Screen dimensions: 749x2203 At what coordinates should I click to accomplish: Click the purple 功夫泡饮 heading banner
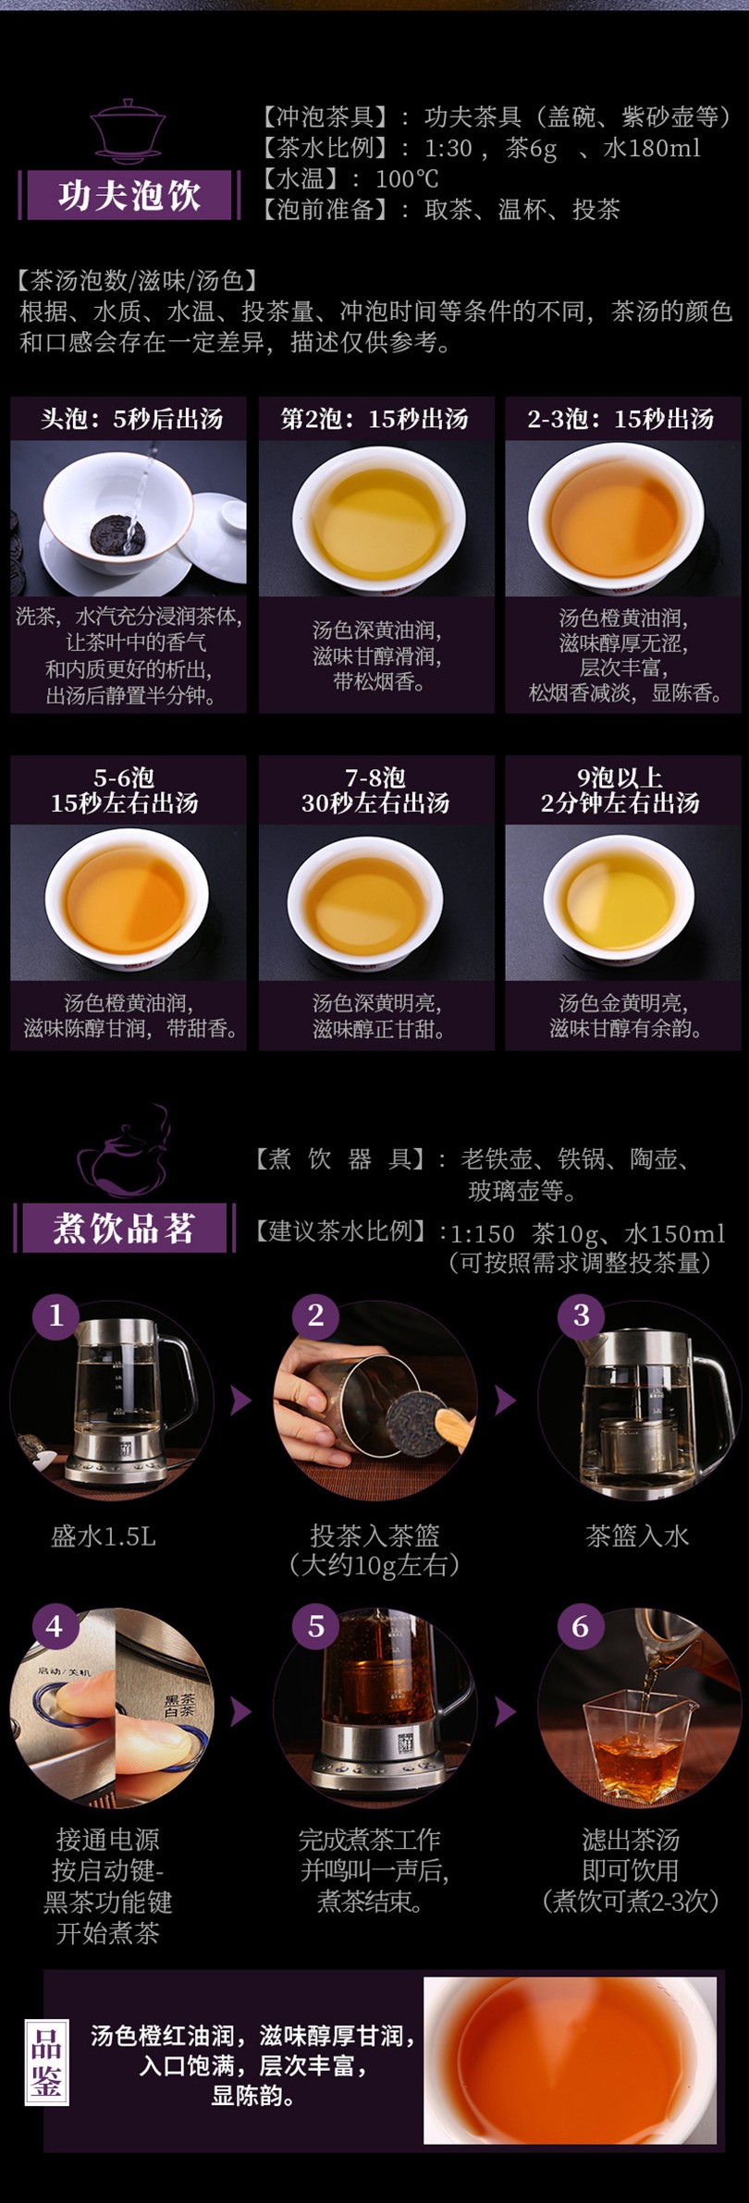[x=129, y=195]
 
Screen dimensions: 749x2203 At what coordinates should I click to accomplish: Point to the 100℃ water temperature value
[x=407, y=178]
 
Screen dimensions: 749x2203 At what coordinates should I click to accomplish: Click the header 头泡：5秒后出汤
[x=130, y=419]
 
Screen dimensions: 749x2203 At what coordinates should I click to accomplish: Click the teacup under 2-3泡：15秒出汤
[x=617, y=518]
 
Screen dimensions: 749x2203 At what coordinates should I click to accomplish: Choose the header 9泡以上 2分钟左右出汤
[x=620, y=790]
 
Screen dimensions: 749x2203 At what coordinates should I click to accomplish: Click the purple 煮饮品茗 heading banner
[x=124, y=1228]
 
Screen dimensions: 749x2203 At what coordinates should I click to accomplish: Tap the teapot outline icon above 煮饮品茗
[x=124, y=1152]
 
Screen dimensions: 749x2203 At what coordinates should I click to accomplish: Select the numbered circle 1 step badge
[x=55, y=1315]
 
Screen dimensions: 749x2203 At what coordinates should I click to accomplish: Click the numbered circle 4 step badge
[x=55, y=1626]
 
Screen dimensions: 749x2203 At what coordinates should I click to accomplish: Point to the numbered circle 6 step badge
[x=581, y=1626]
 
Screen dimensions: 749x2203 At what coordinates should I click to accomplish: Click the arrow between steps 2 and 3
[x=505, y=1401]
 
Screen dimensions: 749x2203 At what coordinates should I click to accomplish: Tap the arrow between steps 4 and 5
[x=240, y=1711]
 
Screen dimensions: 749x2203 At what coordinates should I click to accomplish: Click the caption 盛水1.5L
[x=104, y=1536]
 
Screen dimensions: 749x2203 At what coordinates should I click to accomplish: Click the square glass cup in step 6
[x=633, y=1747]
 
